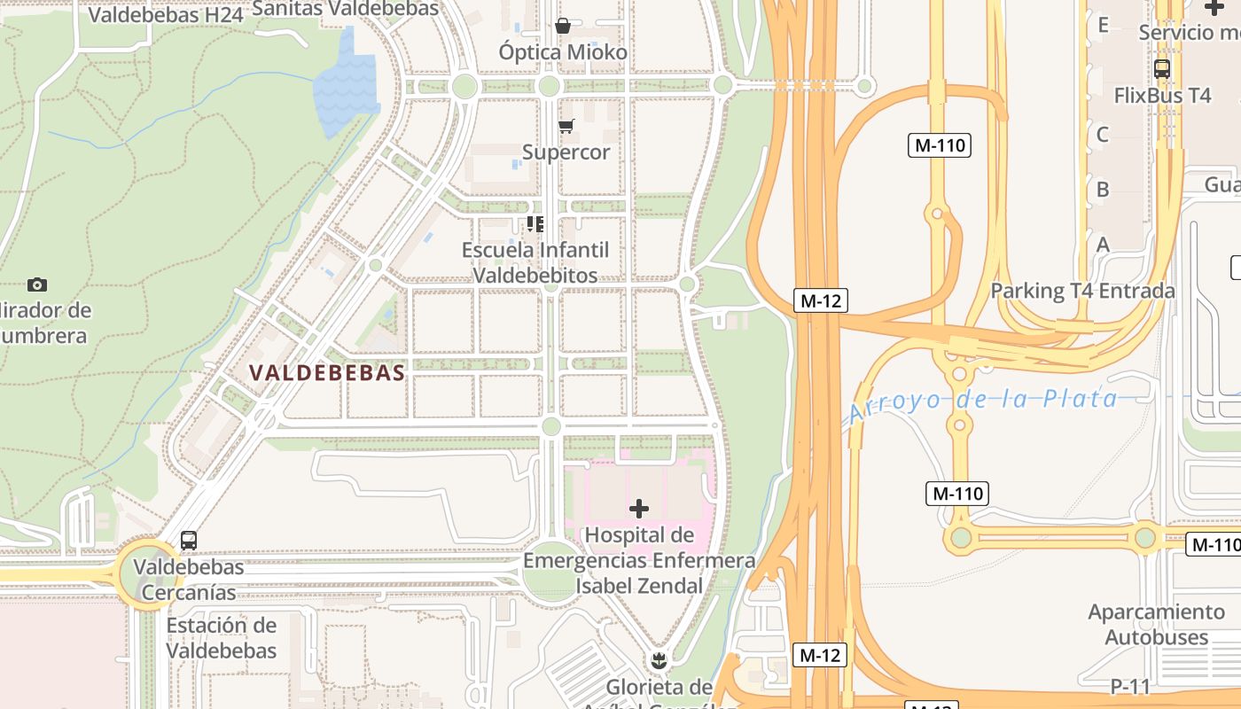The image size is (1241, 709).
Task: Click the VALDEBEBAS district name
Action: pos(327,373)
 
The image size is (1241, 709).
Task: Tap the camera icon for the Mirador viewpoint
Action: pos(36,284)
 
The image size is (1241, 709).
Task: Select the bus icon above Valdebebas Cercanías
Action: pos(189,541)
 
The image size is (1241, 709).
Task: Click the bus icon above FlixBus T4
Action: pos(1161,68)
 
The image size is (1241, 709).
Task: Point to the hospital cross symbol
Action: pos(638,509)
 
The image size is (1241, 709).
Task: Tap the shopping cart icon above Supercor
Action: pos(566,126)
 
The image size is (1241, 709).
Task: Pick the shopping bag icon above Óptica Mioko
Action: pos(562,26)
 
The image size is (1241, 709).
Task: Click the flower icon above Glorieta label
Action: pos(658,660)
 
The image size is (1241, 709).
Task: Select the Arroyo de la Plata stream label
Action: pos(983,401)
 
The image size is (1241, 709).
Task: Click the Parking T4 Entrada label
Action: pos(1082,291)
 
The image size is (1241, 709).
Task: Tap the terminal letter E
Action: pos(1103,25)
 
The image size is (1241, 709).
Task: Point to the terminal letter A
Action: pos(1103,245)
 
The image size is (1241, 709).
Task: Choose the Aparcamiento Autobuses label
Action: pos(1156,625)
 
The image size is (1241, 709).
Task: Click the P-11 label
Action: pos(1129,687)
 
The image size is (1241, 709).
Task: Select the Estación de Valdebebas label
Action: pos(222,638)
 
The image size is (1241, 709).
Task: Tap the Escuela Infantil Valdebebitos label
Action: pos(535,262)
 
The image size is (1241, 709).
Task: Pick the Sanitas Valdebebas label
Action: pos(346,9)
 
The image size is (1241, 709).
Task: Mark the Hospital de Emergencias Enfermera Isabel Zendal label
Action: pos(638,560)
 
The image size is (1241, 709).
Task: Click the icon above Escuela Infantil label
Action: pos(535,223)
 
